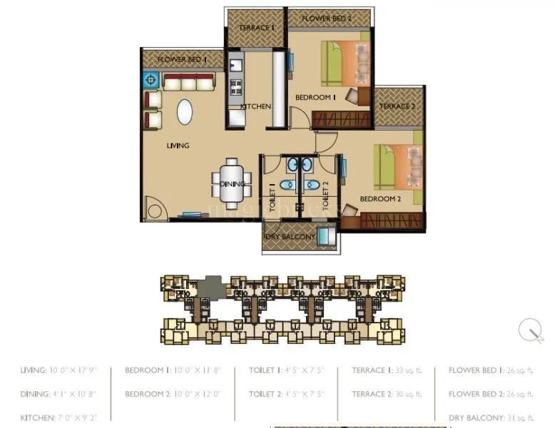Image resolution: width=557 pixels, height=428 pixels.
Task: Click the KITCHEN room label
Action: tap(255, 106)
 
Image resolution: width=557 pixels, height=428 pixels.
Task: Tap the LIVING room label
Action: tap(178, 146)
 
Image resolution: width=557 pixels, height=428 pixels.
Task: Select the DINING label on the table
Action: tap(232, 184)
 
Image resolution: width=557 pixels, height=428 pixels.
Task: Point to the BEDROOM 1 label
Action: tap(315, 98)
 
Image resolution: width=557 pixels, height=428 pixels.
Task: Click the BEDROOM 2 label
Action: tap(380, 199)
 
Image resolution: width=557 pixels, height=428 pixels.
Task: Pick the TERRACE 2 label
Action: tap(397, 107)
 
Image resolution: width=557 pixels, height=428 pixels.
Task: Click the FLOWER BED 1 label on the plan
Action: tap(182, 59)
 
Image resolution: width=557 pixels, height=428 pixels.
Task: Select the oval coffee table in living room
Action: tap(184, 112)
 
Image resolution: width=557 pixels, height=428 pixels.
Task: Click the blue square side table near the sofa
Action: tap(151, 80)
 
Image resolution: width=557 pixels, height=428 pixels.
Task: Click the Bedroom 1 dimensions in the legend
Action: tap(174, 371)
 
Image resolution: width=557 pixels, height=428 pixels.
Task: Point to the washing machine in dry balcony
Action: tap(326, 235)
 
